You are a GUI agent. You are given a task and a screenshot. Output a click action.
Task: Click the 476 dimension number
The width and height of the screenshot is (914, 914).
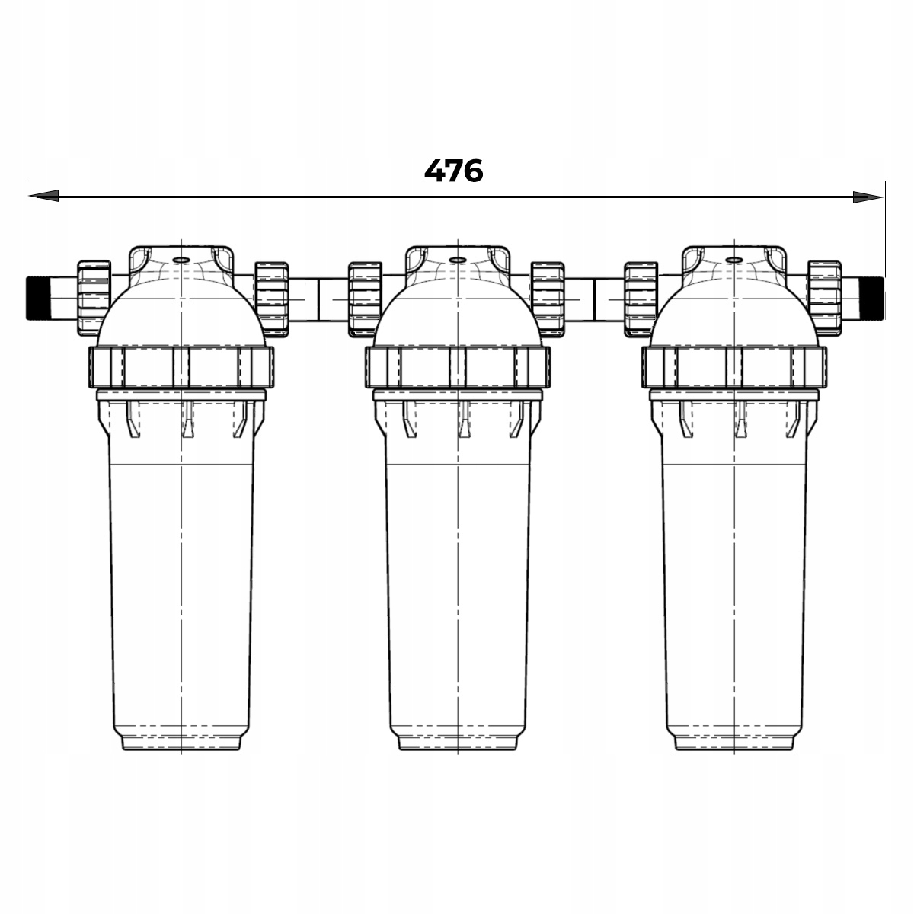coord(453,171)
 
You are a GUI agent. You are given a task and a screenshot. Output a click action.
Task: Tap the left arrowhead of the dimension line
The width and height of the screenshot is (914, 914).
coord(43,196)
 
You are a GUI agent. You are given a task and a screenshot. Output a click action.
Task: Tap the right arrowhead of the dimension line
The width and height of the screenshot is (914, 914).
coord(868,197)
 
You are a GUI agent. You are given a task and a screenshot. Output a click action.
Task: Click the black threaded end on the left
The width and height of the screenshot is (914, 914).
coord(38,299)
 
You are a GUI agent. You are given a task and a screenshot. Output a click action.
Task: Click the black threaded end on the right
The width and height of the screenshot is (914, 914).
coord(872,299)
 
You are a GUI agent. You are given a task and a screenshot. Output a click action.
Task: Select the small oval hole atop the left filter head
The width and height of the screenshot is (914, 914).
coord(181,260)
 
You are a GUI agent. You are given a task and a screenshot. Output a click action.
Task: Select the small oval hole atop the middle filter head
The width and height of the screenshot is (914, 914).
coord(457,260)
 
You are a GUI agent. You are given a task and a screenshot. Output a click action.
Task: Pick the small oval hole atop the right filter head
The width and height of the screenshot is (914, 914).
coord(734,260)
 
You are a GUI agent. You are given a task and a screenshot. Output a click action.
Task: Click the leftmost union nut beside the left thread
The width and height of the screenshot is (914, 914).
coord(94,299)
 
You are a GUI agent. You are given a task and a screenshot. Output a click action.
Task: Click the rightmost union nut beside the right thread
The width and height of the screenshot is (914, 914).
coord(825,299)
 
